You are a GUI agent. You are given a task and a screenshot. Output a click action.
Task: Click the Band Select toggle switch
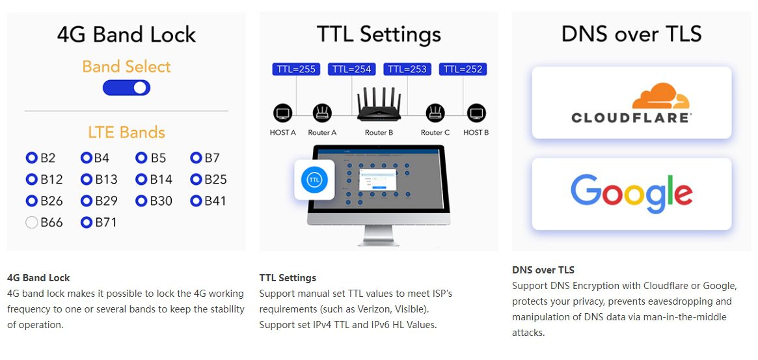pyautogui.click(x=126, y=88)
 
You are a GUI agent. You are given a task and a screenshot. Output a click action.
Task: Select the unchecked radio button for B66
pyautogui.click(x=32, y=223)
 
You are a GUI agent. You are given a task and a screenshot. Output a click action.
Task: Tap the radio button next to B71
pyautogui.click(x=87, y=223)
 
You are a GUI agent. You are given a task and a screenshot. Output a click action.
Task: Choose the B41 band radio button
pyautogui.click(x=196, y=201)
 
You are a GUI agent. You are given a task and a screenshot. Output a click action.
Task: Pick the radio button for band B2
pyautogui.click(x=32, y=158)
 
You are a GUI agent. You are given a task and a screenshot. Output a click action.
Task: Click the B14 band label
pyautogui.click(x=161, y=180)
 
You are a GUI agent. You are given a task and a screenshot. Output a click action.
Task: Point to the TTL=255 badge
pyautogui.click(x=296, y=69)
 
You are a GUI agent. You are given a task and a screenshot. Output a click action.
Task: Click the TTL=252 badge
pyautogui.click(x=463, y=69)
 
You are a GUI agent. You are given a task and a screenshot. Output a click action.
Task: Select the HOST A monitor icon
pyautogui.click(x=283, y=114)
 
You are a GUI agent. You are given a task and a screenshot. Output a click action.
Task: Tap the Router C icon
pyautogui.click(x=435, y=114)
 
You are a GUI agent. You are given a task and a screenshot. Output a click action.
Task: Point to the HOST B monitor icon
pyautogui.click(x=477, y=114)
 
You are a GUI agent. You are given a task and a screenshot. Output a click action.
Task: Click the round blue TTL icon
pyautogui.click(x=315, y=180)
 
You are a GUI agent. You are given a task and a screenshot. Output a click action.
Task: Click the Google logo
pyautogui.click(x=631, y=193)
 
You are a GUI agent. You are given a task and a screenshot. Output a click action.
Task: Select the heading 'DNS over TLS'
pyautogui.click(x=631, y=34)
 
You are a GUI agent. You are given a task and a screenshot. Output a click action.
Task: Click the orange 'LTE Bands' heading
pyautogui.click(x=126, y=132)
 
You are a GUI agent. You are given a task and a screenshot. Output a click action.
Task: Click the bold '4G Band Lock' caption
pyautogui.click(x=38, y=278)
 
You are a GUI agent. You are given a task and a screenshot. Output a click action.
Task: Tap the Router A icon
pyautogui.click(x=322, y=114)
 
